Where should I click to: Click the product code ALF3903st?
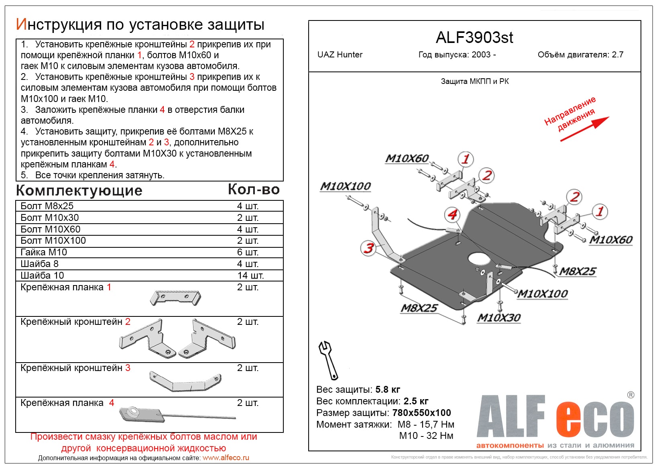(474, 38)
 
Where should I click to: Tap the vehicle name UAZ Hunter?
(340, 55)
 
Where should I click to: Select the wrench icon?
(328, 360)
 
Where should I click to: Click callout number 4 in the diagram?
(452, 214)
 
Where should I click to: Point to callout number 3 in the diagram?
(368, 248)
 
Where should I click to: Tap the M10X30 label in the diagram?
(498, 318)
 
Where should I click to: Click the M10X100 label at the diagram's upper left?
(345, 186)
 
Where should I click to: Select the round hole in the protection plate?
(479, 259)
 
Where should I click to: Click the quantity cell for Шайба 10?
(250, 275)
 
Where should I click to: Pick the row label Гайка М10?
(44, 252)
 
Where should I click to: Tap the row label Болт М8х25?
(47, 206)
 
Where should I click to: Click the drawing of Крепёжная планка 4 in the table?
(177, 414)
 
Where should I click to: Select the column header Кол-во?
(254, 190)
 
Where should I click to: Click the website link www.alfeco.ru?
(226, 458)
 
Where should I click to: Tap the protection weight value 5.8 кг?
(387, 389)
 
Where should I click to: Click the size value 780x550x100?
(421, 413)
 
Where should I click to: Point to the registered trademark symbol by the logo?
(631, 395)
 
